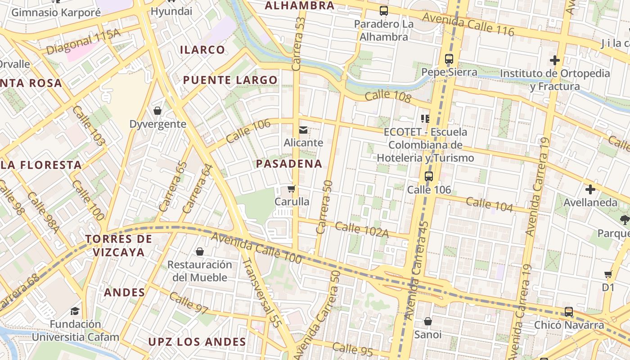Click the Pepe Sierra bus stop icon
[x=449, y=59]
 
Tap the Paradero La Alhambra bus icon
[x=383, y=11]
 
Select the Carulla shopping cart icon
[x=292, y=189]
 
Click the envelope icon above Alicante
[x=303, y=130]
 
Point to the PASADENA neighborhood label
[x=289, y=164]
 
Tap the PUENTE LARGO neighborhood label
[x=230, y=81]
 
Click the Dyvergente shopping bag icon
[x=157, y=111]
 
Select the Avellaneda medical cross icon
[x=590, y=189]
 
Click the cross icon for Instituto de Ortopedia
[x=555, y=60]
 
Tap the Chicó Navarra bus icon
[x=569, y=311]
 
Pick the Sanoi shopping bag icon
[x=427, y=321]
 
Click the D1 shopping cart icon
[x=608, y=274]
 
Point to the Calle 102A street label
[x=361, y=229]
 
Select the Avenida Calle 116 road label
[x=468, y=24]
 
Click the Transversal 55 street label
[x=261, y=292]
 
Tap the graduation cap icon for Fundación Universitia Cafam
[x=75, y=311]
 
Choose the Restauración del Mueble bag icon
[x=199, y=252]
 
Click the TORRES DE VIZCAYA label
[x=118, y=245]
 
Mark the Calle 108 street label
[x=388, y=96]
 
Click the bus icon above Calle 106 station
[x=428, y=176]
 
